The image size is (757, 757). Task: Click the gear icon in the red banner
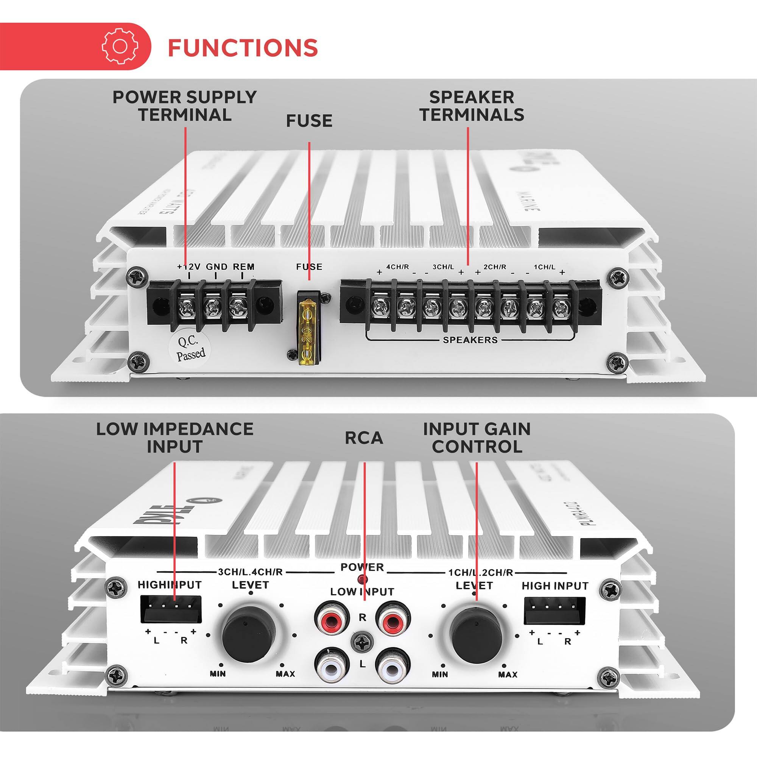click(120, 46)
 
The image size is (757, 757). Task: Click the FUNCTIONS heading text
click(243, 47)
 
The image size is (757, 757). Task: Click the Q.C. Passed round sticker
click(190, 348)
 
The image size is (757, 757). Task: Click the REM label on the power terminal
click(243, 267)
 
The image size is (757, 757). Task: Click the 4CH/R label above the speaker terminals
click(398, 267)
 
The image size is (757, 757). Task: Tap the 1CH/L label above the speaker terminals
click(545, 267)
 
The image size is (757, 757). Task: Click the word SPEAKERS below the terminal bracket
click(470, 340)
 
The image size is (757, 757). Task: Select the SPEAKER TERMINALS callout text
click(472, 106)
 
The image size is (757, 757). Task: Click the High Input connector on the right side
click(555, 611)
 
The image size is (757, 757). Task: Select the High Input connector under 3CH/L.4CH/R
click(171, 610)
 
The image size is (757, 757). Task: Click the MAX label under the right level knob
click(508, 675)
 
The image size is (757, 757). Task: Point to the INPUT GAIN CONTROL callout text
click(477, 438)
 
